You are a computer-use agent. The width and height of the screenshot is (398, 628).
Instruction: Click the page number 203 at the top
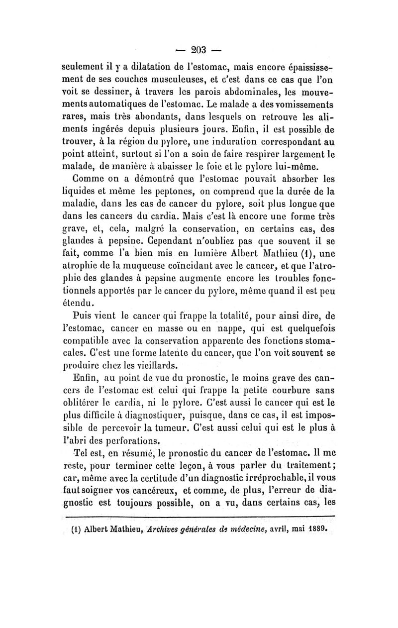click(199, 50)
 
